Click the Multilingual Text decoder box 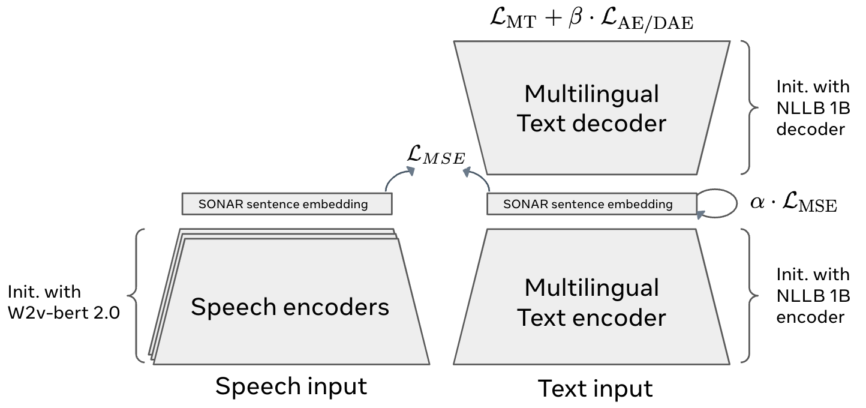pos(591,108)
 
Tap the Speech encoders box pos(290,307)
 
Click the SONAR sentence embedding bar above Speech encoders pos(287,204)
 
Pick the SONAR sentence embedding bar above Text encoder pos(591,204)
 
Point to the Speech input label pos(291,386)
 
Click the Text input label pos(595,388)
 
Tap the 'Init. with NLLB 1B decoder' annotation pos(813,108)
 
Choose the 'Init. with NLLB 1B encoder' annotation pos(813,295)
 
